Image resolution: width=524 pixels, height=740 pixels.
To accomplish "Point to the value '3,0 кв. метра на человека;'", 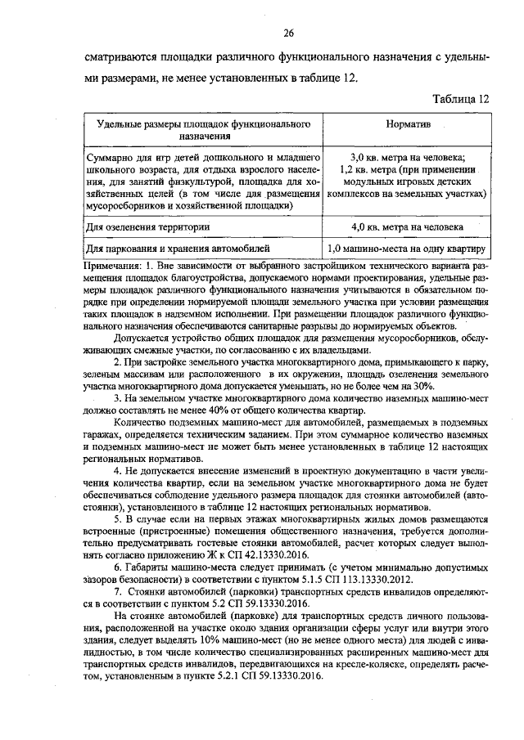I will pyautogui.click(x=407, y=157).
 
